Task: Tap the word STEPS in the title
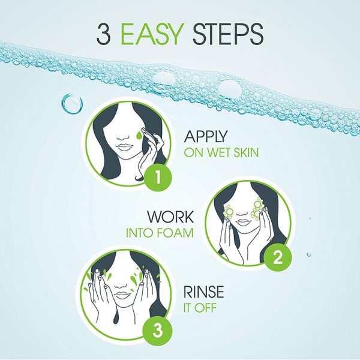pos(227,34)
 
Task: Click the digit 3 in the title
pos(104,34)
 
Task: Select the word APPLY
pos(205,136)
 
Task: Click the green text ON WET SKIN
pos(221,152)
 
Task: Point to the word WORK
pos(170,217)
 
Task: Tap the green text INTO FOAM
pos(160,233)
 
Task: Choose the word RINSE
pos(203,292)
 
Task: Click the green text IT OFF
pos(200,308)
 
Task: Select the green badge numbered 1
pos(158,177)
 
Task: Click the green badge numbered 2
pos(278,257)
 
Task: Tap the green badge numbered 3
pos(157,331)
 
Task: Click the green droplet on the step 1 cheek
pos(139,136)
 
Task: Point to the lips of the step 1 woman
pos(124,147)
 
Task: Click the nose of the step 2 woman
pos(242,214)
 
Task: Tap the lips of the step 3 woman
pos(122,295)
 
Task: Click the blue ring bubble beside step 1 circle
pos(72,104)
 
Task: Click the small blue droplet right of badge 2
pos(309,254)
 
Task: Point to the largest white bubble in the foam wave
pos(230,88)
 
